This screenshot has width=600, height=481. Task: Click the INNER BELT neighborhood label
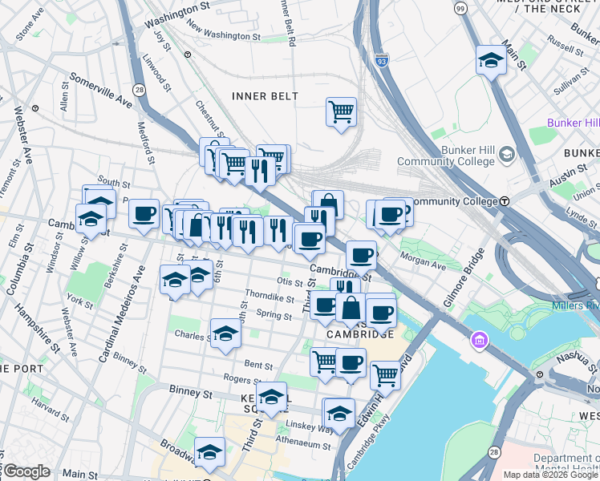265,96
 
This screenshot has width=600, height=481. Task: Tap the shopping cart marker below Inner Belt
341,111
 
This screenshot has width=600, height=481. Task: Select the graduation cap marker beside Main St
490,60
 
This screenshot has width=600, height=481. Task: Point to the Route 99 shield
460,8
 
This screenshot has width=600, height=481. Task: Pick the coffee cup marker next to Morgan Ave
361,255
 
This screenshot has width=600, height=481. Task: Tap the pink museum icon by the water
480,342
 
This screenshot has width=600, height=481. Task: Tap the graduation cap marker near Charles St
225,333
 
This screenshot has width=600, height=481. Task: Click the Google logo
26,472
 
